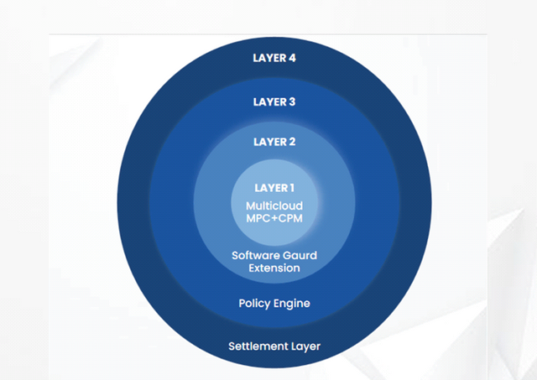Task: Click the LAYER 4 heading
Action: click(274, 58)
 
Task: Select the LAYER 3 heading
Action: click(274, 102)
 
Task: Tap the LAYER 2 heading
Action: click(274, 142)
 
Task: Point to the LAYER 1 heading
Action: click(274, 188)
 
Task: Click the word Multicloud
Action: click(274, 206)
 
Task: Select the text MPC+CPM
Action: click(274, 218)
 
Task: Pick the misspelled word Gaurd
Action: click(300, 255)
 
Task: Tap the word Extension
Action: click(274, 268)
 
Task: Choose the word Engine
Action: click(292, 304)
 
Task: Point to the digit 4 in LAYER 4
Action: click(292, 58)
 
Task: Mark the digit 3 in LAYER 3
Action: click(292, 102)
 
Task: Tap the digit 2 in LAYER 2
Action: click(292, 142)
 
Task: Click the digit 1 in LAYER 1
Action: click(292, 188)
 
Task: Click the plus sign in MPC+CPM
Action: click(274, 218)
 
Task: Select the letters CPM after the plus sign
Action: click(290, 218)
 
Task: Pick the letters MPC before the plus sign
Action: click(258, 218)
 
